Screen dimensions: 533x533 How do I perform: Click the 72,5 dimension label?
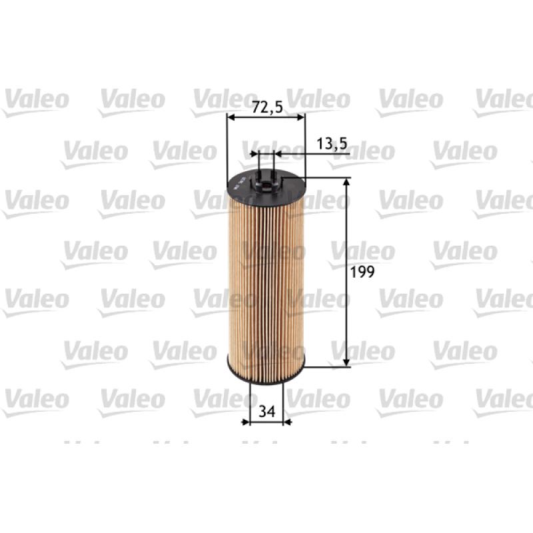coord(268,108)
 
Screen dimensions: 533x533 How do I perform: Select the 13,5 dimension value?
coord(332,144)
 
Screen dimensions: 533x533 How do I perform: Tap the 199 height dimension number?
coord(362,272)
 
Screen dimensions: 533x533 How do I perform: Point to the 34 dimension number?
coord(267,412)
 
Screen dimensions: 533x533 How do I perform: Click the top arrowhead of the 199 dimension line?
coord(346,183)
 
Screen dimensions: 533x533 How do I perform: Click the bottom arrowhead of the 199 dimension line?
coord(346,362)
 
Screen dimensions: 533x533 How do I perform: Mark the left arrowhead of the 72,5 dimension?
coord(231,117)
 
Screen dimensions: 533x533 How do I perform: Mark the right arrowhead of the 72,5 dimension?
coord(300,117)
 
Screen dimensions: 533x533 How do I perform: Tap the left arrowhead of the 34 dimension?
coord(245,422)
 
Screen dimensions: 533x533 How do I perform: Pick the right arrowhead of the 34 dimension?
coord(287,422)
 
